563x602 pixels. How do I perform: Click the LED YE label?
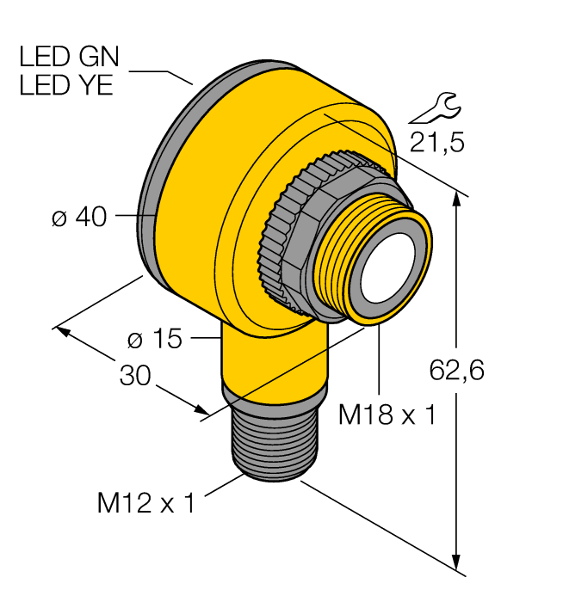point(67,86)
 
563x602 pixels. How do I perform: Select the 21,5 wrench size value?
point(436,142)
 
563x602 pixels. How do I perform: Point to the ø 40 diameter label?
point(79,218)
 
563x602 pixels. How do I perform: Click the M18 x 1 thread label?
point(387,415)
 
